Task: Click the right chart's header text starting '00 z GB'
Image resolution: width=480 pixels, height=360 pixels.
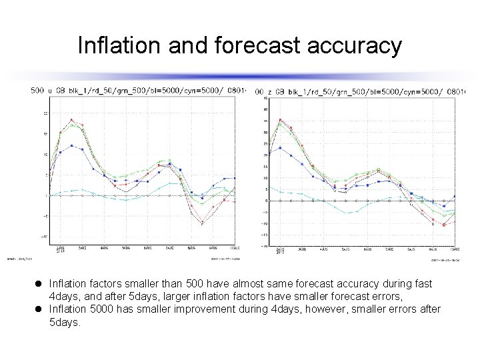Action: coord(360,91)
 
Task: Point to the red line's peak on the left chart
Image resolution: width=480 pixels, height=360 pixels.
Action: coord(71,119)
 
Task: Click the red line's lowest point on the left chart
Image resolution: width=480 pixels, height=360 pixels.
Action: coord(202,224)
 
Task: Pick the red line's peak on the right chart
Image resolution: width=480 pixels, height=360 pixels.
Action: coord(280,120)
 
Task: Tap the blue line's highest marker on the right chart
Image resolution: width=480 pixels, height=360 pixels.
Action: coord(280,147)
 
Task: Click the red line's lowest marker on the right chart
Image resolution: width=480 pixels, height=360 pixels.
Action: coord(444,225)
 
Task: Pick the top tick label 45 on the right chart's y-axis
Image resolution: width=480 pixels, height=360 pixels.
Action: coord(265,99)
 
